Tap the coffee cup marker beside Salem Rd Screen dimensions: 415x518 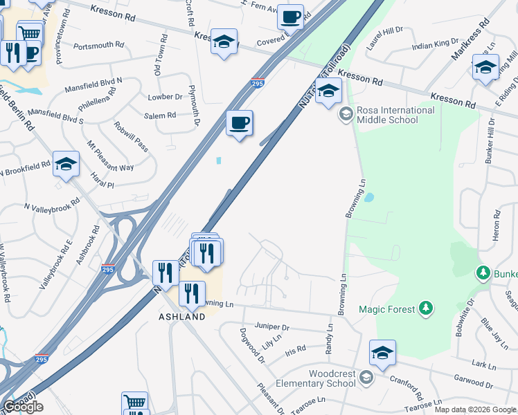(x=240, y=124)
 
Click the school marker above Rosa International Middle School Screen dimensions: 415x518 (x=329, y=91)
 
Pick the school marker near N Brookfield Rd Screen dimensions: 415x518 (x=66, y=165)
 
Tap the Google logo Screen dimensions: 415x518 (x=24, y=407)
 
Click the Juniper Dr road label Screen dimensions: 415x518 (x=272, y=326)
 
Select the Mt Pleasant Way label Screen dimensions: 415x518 (x=109, y=157)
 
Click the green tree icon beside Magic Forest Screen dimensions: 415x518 (x=427, y=308)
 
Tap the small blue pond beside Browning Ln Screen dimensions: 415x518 (x=368, y=197)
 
